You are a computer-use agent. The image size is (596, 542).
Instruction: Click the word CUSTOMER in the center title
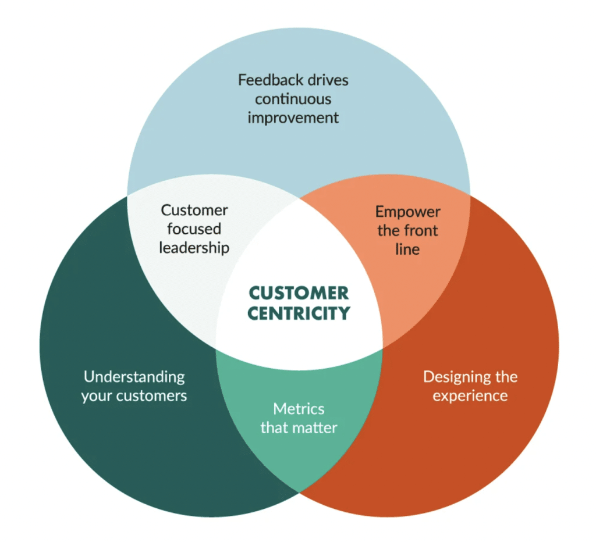coord(299,293)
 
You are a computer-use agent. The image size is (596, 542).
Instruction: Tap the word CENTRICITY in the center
coord(299,313)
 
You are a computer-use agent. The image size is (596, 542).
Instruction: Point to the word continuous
coord(293,98)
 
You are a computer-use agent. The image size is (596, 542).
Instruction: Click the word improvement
coord(293,117)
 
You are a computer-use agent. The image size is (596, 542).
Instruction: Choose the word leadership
coord(194,247)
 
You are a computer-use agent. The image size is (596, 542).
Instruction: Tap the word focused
coord(194,229)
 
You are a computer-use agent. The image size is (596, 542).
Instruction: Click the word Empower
coord(407,212)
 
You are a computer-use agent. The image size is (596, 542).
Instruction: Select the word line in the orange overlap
coord(407,249)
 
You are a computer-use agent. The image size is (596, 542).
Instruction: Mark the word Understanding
coord(134,377)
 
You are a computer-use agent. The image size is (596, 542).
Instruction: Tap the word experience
coord(470,396)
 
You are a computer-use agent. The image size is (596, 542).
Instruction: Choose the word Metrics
coord(299,409)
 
